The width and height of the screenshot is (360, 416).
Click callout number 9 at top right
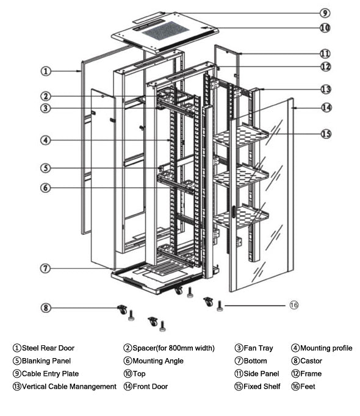(x=325, y=13)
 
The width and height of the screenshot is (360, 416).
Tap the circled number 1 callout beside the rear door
(x=46, y=71)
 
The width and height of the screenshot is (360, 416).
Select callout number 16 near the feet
(x=294, y=305)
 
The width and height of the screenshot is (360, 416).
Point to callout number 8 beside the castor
(x=46, y=308)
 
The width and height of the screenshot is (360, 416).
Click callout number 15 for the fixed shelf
(x=326, y=134)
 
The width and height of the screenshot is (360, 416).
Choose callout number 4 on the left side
(x=46, y=140)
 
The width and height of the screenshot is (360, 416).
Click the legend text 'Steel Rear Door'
(x=48, y=348)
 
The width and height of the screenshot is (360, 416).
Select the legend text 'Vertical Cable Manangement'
(x=69, y=386)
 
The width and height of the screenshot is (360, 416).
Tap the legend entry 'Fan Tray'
(x=258, y=348)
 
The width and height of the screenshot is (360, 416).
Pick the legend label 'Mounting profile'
(x=326, y=348)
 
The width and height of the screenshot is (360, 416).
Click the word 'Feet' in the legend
(x=308, y=386)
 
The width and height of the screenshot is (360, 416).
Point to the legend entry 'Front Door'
(x=150, y=386)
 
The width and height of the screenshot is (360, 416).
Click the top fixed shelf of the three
(x=240, y=136)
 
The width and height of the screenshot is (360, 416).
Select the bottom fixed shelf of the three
(x=240, y=217)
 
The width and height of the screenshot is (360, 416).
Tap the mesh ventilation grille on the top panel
(x=165, y=30)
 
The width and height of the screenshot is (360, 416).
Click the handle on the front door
(x=233, y=212)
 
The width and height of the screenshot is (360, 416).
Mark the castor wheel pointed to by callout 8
(x=123, y=310)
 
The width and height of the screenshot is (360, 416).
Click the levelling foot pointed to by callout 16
(x=220, y=306)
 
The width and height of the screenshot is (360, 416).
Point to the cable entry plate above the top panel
(x=149, y=16)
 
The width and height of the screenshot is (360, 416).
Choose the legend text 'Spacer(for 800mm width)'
(x=174, y=348)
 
